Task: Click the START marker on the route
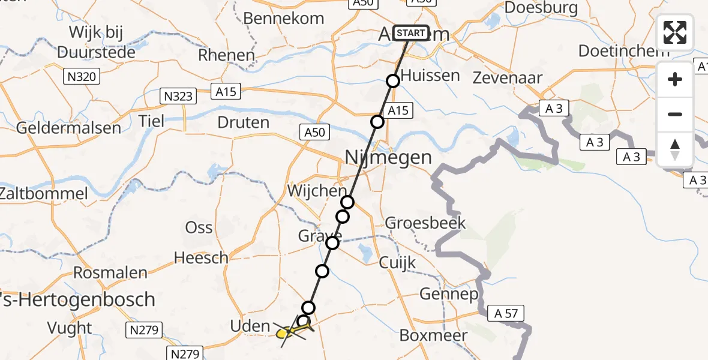[410, 32]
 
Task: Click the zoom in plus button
[675, 79]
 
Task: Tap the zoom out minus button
[675, 114]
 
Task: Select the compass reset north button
[675, 149]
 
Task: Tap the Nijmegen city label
[388, 158]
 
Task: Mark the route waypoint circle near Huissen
[392, 81]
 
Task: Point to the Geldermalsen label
[68, 128]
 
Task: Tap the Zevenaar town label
[508, 77]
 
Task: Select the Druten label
[244, 123]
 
